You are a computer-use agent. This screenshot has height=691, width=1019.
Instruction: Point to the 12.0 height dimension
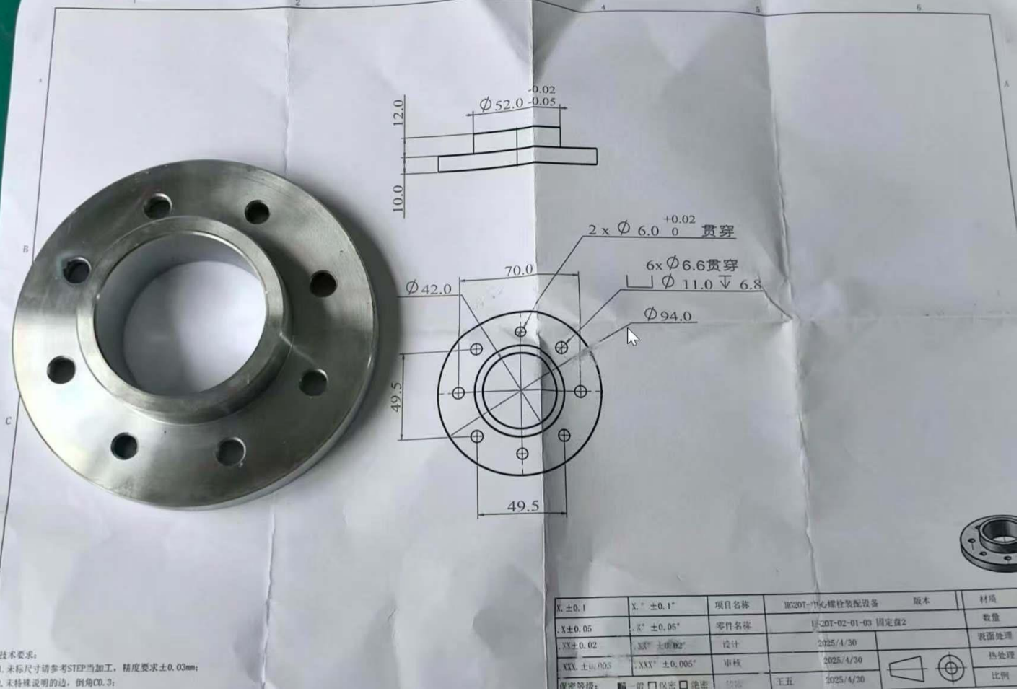click(398, 113)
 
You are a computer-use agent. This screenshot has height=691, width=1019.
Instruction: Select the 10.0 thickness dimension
click(398, 198)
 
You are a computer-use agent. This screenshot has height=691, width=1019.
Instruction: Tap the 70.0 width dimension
click(518, 270)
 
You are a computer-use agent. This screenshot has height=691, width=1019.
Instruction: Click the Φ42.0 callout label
click(429, 289)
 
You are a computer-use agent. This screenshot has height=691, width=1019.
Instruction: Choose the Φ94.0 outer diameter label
click(668, 314)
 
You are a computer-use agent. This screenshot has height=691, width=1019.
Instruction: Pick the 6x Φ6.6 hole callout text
click(691, 265)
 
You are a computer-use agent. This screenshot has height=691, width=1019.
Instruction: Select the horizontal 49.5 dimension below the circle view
click(522, 506)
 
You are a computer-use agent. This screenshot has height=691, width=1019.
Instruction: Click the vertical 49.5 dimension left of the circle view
click(396, 397)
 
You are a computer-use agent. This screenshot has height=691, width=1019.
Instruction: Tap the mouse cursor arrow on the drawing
click(632, 336)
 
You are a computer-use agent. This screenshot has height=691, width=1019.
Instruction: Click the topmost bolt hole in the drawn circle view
click(520, 332)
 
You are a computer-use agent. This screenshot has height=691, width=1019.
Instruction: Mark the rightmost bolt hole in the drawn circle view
click(580, 392)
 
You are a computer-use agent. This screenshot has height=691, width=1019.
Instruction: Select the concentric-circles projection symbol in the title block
click(950, 668)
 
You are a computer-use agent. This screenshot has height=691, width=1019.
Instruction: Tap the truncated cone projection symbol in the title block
click(906, 669)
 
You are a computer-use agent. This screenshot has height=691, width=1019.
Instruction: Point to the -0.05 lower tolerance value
click(542, 102)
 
